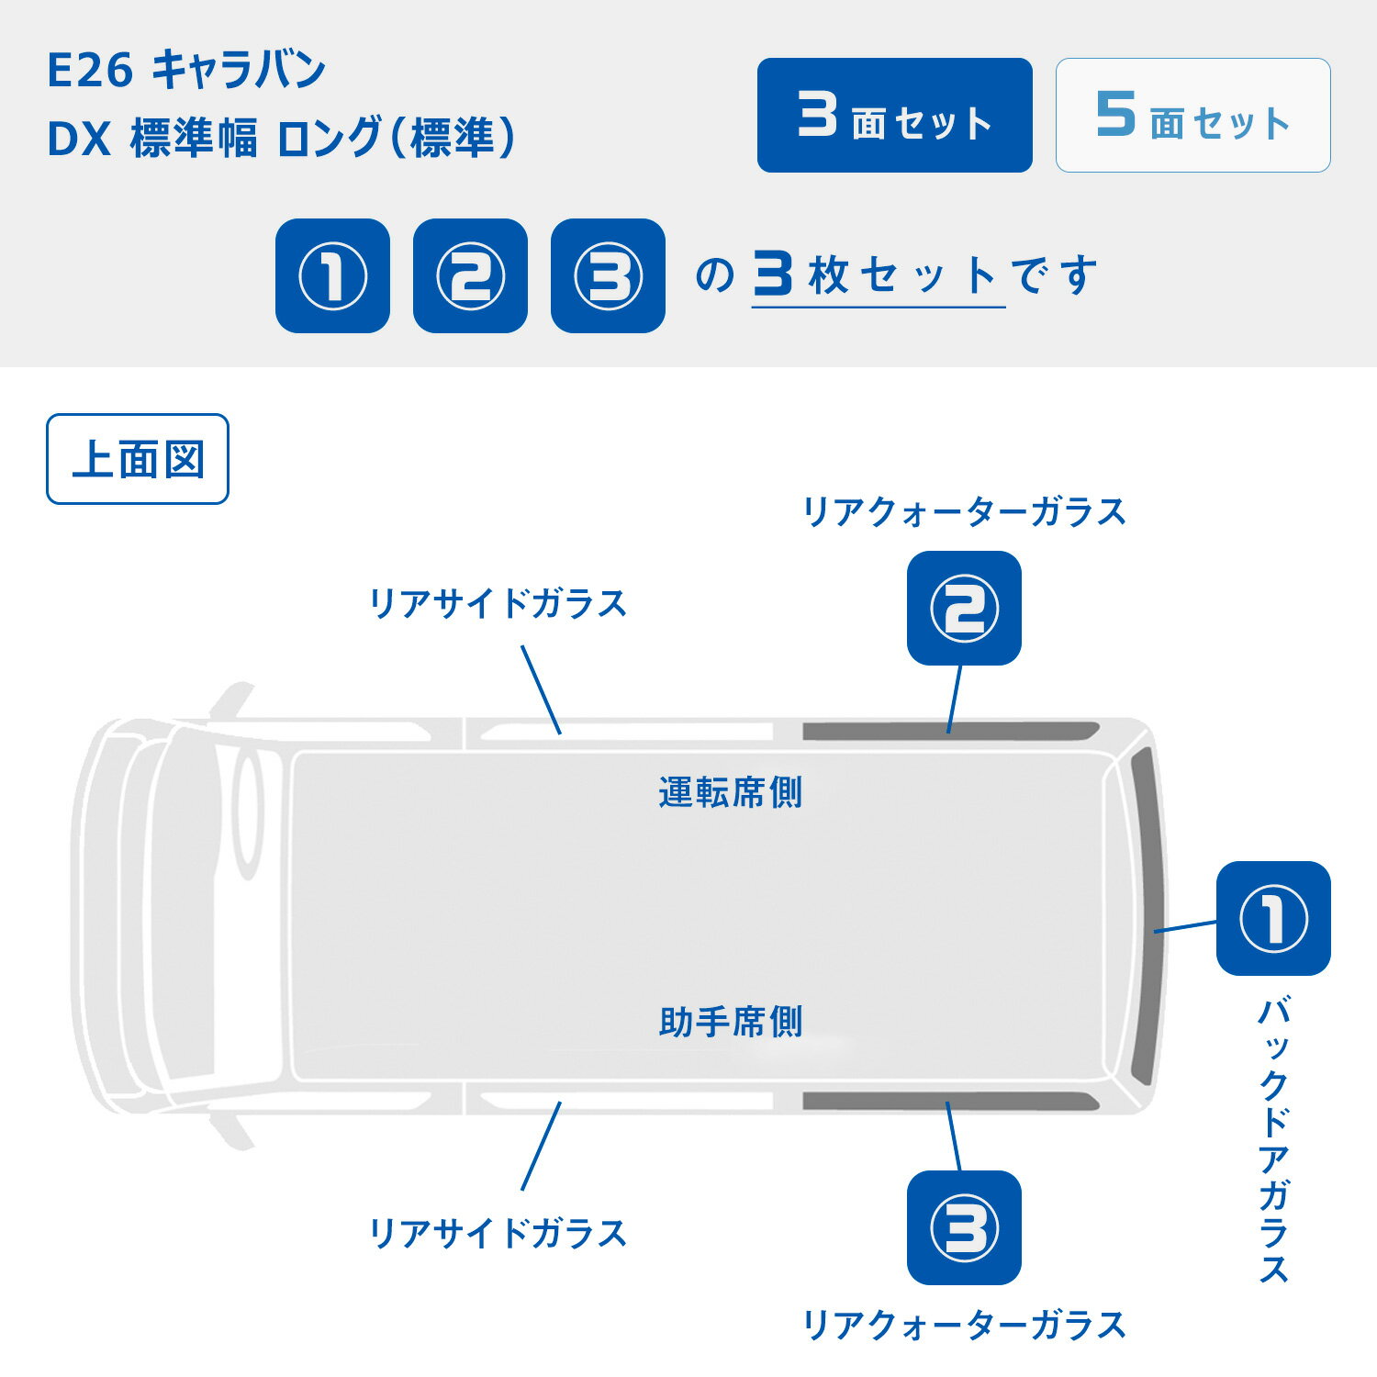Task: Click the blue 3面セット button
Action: tap(894, 115)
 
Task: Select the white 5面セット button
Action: tap(1192, 115)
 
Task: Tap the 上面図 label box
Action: tap(138, 459)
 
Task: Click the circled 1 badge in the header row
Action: tap(332, 275)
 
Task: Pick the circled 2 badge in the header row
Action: tap(470, 275)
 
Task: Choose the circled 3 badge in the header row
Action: tap(608, 275)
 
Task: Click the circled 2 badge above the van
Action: tap(964, 608)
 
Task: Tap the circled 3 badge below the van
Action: tap(964, 1227)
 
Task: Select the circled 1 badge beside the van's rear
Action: tap(1273, 918)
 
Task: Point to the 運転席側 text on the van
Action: tap(731, 792)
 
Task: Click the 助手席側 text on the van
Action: tap(731, 1022)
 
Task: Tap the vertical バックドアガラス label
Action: tap(1273, 1141)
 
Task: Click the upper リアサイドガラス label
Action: tap(498, 604)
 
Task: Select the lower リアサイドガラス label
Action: tap(498, 1233)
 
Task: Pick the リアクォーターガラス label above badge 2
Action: tap(964, 511)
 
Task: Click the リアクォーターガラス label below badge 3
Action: tap(964, 1325)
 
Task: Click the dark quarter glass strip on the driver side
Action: tap(950, 732)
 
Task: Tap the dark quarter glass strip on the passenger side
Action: tap(950, 1102)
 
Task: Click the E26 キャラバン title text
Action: tap(186, 71)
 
